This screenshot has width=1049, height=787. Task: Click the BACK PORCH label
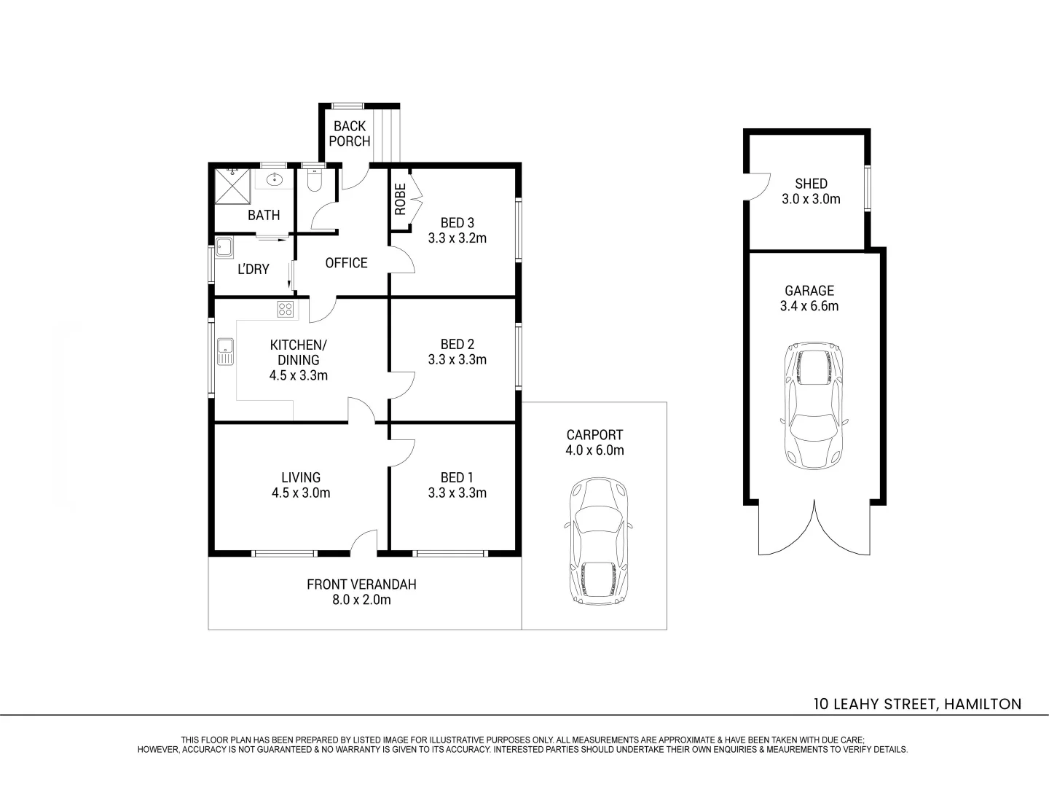click(x=350, y=133)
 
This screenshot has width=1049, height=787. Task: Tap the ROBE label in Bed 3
click(x=400, y=198)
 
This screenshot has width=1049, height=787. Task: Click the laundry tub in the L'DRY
click(x=223, y=247)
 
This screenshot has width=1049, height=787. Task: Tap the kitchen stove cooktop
click(x=286, y=309)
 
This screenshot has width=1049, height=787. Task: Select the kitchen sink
click(x=225, y=351)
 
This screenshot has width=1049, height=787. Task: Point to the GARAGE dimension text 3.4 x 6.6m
click(x=809, y=306)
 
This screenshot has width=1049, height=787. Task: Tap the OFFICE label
click(x=346, y=263)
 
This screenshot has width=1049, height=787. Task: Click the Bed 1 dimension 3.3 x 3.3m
click(x=457, y=493)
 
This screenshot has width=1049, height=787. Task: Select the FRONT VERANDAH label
click(x=361, y=584)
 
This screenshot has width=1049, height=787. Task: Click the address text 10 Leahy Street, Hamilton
click(x=917, y=704)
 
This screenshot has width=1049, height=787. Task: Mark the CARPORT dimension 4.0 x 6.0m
click(x=594, y=450)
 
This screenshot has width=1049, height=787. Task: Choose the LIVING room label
click(x=301, y=477)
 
